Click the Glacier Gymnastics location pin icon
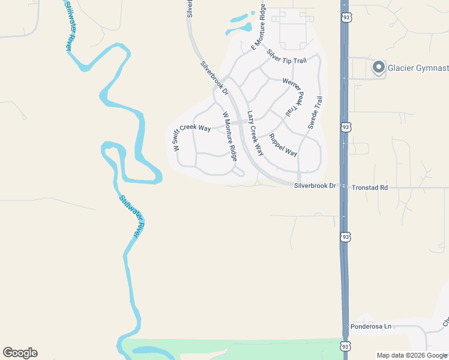[379, 67]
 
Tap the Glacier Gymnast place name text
[418, 67]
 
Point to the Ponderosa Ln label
[370, 326]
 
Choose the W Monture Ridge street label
[230, 136]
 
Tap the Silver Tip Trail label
[286, 56]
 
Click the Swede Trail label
[316, 113]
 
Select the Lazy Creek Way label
[255, 133]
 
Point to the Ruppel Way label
[283, 145]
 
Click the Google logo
[20, 353]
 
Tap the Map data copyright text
[412, 355]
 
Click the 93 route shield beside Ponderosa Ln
[345, 346]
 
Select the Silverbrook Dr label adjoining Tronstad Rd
[315, 187]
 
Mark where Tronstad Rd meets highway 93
[344, 187]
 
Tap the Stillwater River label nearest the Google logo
[129, 217]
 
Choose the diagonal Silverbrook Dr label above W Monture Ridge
[215, 78]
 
